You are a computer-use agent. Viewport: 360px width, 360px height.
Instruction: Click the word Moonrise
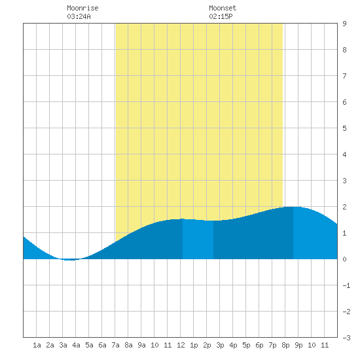(82, 8)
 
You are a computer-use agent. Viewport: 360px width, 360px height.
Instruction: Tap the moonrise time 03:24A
(79, 16)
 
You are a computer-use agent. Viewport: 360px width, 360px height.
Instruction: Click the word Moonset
(223, 8)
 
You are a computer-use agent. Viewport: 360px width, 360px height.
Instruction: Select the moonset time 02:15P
(221, 16)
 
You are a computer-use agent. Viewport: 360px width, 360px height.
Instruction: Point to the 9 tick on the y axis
(344, 24)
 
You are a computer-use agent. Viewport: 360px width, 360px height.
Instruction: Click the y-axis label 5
(344, 128)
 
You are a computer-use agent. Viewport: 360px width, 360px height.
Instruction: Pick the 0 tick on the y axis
(344, 259)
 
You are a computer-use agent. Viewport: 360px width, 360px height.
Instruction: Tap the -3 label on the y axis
(346, 338)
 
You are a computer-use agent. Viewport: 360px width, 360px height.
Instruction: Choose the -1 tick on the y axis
(346, 285)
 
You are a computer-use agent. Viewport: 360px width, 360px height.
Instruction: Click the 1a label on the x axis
(37, 345)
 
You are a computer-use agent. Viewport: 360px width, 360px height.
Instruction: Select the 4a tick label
(76, 345)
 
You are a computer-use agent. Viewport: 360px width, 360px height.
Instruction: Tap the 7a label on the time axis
(115, 345)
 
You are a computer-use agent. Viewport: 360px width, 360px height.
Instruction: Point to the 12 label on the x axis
(181, 345)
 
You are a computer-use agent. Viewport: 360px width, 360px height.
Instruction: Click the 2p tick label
(207, 345)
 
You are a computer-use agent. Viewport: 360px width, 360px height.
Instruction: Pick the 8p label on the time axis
(285, 345)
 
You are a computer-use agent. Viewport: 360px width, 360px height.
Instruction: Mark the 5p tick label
(246, 345)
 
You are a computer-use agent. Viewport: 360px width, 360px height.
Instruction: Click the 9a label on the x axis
(141, 345)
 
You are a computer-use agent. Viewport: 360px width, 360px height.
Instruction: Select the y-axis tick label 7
(344, 76)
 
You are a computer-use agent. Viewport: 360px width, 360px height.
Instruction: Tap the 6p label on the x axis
(259, 345)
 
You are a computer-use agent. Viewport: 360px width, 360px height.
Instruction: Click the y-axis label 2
(344, 207)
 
